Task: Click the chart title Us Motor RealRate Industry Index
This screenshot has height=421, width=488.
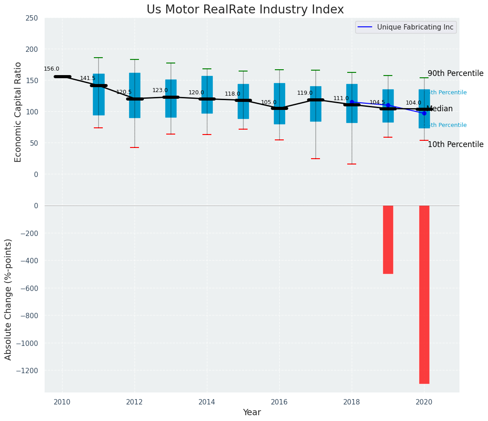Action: (245, 10)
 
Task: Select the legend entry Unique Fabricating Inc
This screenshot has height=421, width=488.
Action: (415, 27)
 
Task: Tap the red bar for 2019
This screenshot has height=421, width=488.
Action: (388, 240)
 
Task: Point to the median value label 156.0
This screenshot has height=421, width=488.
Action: (51, 69)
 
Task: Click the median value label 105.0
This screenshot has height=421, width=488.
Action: (269, 103)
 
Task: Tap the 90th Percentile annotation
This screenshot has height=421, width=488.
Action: (455, 74)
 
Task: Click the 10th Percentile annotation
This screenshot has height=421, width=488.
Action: (455, 145)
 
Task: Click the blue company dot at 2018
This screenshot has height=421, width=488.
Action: (352, 102)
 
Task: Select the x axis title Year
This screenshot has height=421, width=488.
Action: (252, 413)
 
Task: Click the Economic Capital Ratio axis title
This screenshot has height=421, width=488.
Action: (18, 112)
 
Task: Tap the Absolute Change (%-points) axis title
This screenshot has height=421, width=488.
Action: (8, 299)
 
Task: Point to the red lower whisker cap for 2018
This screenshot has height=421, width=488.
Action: (352, 164)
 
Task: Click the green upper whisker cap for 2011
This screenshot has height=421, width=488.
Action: (98, 58)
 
